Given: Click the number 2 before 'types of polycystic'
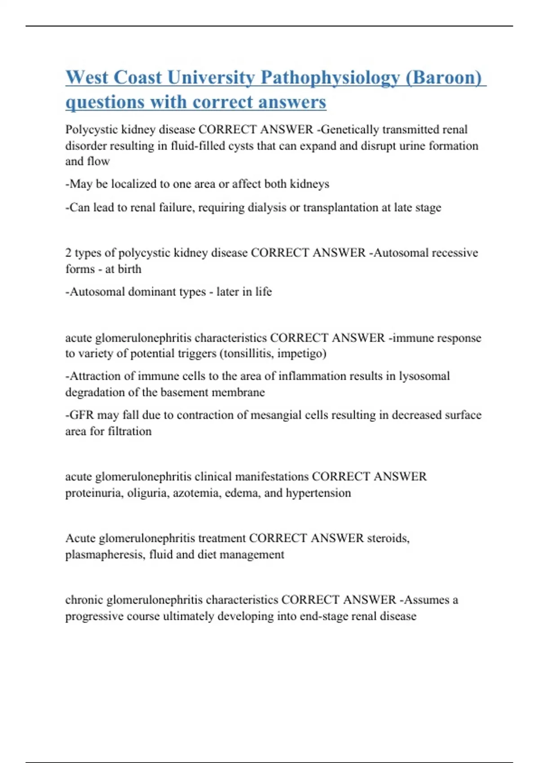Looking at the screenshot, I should pos(68,253).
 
